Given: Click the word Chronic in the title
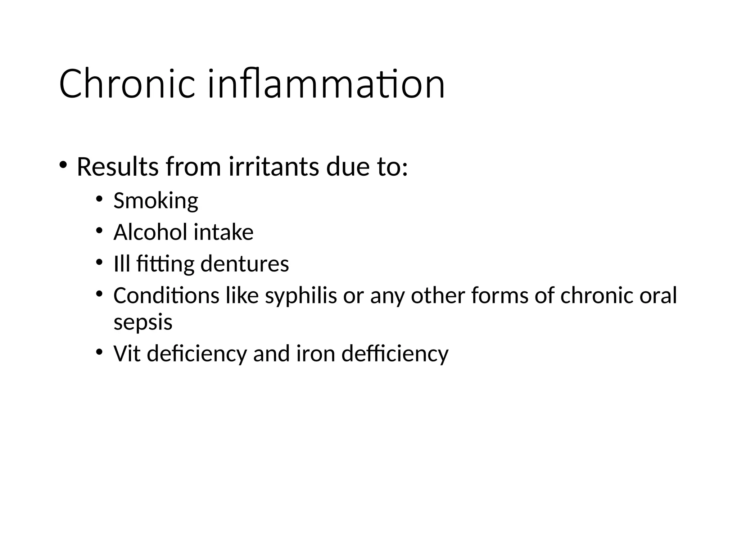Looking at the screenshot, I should [127, 84].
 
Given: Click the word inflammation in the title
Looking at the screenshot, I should [326, 84].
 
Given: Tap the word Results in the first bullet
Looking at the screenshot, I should [117, 167].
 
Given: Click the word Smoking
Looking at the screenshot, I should [155, 201].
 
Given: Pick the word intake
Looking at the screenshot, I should [223, 232].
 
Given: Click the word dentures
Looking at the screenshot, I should [244, 264].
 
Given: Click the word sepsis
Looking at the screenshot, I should [143, 322].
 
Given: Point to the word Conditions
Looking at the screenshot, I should [166, 296].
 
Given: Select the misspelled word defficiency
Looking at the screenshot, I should [395, 354].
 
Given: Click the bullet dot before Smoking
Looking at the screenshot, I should [99, 198].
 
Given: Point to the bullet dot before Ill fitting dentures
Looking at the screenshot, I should [99, 262].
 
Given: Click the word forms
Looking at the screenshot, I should [499, 296].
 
